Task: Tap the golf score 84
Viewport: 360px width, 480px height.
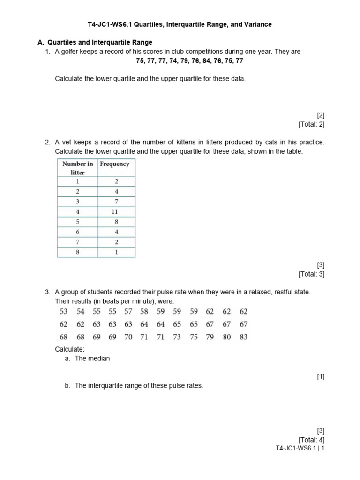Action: (x=194, y=61)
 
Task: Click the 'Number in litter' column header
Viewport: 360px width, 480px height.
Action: (x=77, y=168)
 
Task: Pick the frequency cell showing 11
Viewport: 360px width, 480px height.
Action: (x=116, y=211)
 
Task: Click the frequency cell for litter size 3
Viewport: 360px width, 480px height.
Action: (x=116, y=201)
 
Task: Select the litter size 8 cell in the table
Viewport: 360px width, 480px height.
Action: (x=77, y=252)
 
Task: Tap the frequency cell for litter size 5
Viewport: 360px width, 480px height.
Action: (x=116, y=222)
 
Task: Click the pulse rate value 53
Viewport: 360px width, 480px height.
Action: (x=64, y=311)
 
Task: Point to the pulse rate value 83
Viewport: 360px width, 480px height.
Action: (x=243, y=337)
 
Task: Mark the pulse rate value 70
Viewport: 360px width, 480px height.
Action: (x=128, y=337)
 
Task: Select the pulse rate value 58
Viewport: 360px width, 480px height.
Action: (x=144, y=311)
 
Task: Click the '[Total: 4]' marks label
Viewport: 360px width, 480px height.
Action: (x=311, y=439)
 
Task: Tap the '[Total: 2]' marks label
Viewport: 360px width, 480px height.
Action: (x=311, y=124)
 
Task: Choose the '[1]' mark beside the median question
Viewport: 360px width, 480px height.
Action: (x=321, y=376)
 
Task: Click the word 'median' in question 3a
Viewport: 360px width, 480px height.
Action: (x=99, y=359)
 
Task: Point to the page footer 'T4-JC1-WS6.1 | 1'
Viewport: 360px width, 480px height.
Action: (x=300, y=448)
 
